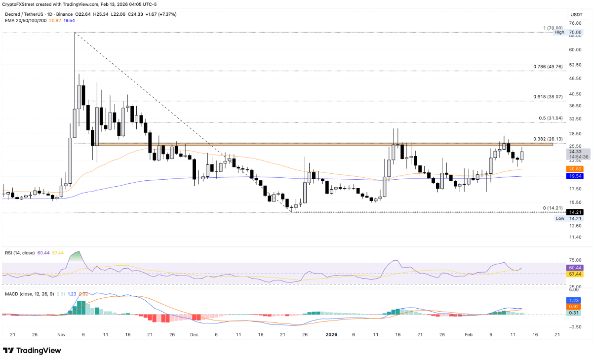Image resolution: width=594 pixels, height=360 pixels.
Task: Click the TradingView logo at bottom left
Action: (32, 350)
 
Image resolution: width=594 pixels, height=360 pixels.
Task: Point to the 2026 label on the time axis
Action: (331, 334)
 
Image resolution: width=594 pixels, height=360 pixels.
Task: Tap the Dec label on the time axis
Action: (194, 334)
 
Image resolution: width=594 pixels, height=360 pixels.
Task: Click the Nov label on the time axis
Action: (61, 334)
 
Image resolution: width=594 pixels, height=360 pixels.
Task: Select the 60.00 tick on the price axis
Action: (574, 50)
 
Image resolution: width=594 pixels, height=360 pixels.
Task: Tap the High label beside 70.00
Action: (559, 32)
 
